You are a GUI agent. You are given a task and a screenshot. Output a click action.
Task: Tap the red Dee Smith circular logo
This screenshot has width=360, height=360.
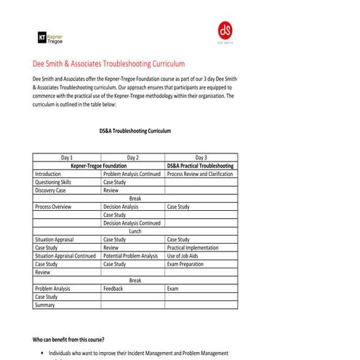point(225,31)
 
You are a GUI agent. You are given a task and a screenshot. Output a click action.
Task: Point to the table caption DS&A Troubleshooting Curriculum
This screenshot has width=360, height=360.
point(135,132)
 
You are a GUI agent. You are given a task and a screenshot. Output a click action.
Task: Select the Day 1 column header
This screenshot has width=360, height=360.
point(67,157)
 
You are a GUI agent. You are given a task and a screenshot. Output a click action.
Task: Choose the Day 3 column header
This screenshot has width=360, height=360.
point(201,157)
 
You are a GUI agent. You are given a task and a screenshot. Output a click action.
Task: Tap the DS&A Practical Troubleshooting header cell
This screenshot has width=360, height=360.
point(201,166)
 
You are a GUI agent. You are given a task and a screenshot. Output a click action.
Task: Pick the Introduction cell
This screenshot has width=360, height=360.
point(48,175)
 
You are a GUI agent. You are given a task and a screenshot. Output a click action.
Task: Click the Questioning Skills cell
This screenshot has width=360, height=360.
point(53,183)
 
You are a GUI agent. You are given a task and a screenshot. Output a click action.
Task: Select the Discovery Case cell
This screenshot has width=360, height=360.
point(50,191)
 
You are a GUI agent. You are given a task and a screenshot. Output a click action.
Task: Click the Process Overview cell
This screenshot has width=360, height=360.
point(53,207)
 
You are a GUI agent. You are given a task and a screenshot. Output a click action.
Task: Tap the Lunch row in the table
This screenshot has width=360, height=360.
point(135,231)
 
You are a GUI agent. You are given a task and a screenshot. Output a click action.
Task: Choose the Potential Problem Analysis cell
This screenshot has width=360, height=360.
point(131,256)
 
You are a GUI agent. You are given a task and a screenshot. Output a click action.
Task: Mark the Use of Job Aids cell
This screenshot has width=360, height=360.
point(185,256)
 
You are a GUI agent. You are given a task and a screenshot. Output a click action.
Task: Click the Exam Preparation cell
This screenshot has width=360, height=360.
point(186,264)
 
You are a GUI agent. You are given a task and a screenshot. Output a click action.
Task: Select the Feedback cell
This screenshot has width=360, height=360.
point(113,289)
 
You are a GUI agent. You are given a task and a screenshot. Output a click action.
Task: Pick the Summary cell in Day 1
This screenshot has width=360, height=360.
point(44,305)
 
